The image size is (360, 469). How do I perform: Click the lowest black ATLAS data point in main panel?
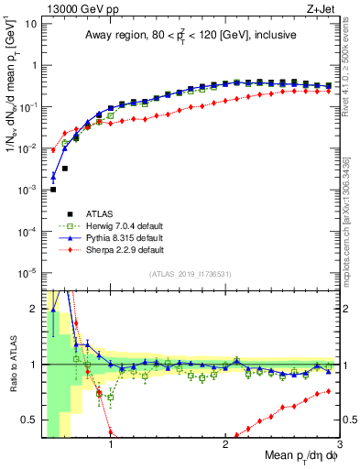tap(53, 190)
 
